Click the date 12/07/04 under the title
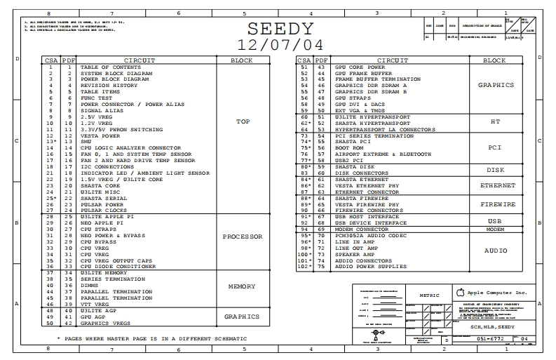coord(279,45)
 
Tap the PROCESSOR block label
coord(242,236)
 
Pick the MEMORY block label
coord(242,286)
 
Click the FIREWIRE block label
coord(497,204)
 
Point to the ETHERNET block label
coord(497,186)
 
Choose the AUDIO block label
coord(497,250)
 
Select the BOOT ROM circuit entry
coord(348,148)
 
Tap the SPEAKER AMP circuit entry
coord(354,255)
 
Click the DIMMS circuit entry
coord(89,286)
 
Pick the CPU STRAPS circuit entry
coord(97,229)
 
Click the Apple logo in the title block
coord(460,291)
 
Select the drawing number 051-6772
coord(488,338)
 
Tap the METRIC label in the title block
coord(429,295)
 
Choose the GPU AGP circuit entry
coord(93,316)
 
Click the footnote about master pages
coord(142,338)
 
